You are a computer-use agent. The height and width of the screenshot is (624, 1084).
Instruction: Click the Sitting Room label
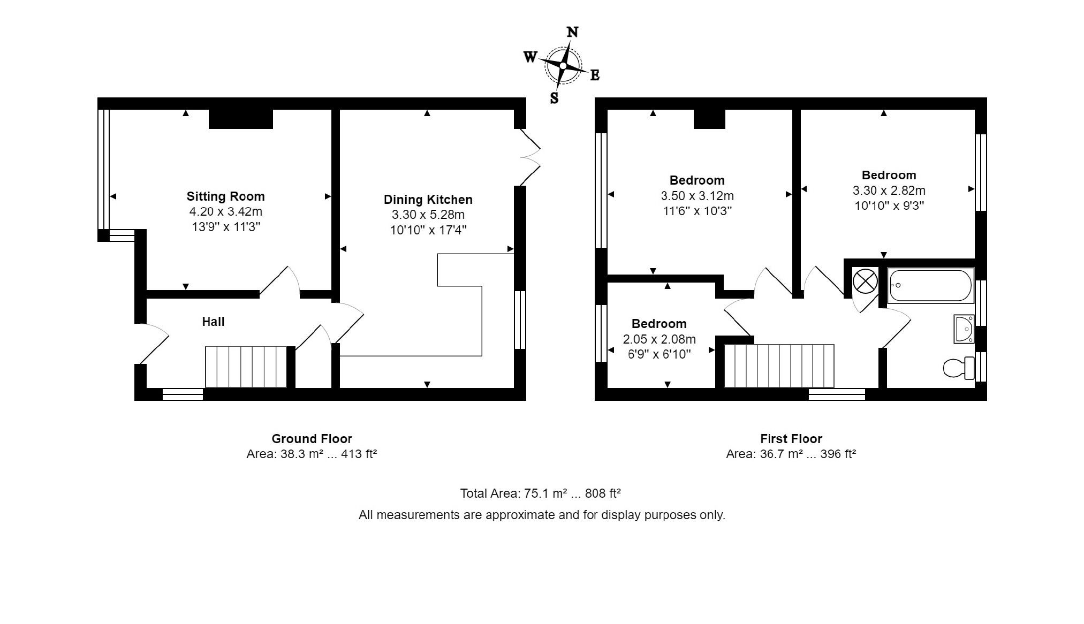tap(225, 196)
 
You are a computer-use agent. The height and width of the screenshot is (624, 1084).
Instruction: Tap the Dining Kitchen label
tap(428, 200)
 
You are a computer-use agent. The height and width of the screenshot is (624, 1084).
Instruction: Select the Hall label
tap(213, 322)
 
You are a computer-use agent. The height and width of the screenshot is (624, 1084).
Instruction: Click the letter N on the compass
tap(572, 33)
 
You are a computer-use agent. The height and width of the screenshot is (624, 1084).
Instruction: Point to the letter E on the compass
tap(595, 76)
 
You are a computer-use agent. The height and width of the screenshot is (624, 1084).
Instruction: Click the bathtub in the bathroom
tap(930, 286)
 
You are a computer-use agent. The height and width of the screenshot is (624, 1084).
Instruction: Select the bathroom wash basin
tap(964, 329)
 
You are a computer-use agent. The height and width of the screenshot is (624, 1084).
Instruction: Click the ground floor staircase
tap(246, 367)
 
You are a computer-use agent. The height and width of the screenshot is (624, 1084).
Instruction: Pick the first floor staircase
tap(779, 366)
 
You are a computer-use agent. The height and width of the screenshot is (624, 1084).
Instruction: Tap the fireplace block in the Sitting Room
tap(240, 119)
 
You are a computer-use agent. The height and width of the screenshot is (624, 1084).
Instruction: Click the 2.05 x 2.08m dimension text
tap(659, 339)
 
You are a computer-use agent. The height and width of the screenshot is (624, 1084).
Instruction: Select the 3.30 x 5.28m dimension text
tap(428, 215)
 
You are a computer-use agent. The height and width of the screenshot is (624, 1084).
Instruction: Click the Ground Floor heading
tap(312, 439)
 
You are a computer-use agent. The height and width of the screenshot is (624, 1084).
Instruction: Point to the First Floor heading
tap(791, 439)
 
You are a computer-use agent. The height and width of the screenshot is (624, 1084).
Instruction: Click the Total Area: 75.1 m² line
tap(540, 493)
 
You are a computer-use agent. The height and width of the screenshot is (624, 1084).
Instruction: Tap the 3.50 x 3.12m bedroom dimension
tap(697, 196)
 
